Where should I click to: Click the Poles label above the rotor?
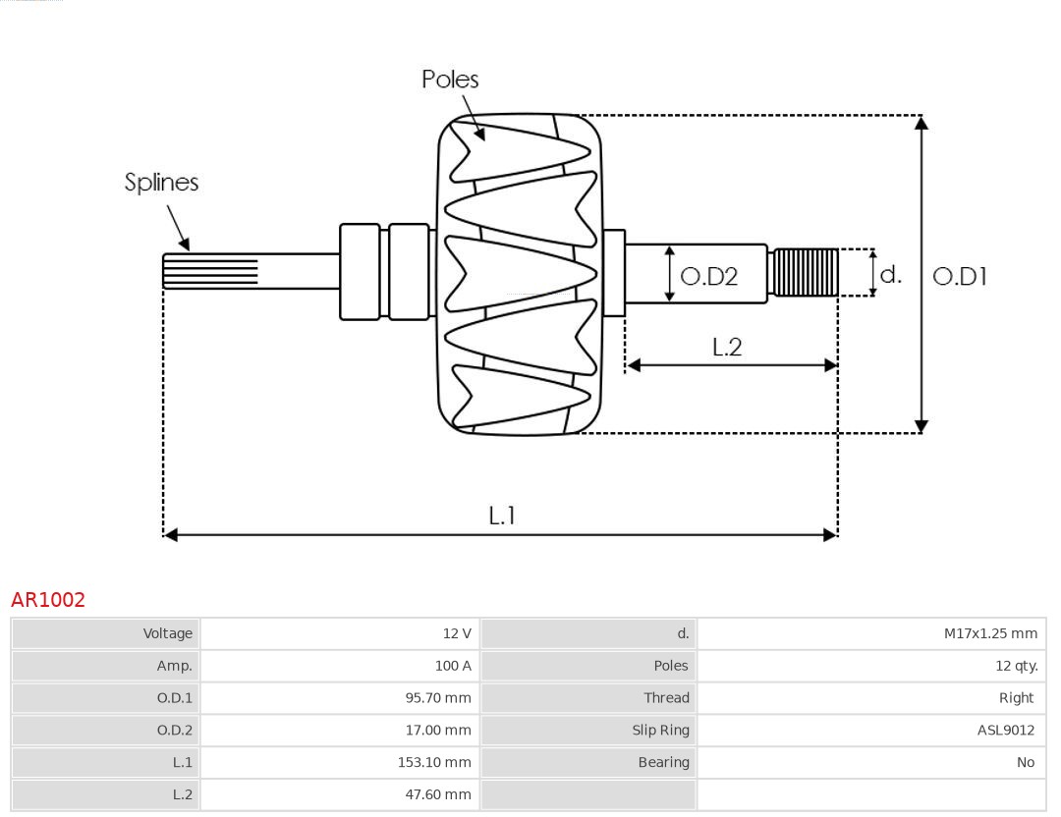[450, 80]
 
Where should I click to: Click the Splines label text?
[161, 183]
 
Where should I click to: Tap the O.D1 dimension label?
[959, 277]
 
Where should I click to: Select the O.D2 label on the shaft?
[708, 277]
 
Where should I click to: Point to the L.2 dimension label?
[727, 347]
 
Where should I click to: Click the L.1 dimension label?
[502, 516]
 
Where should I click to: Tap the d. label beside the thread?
[890, 274]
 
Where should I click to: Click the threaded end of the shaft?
[806, 272]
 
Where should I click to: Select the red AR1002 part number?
[48, 600]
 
